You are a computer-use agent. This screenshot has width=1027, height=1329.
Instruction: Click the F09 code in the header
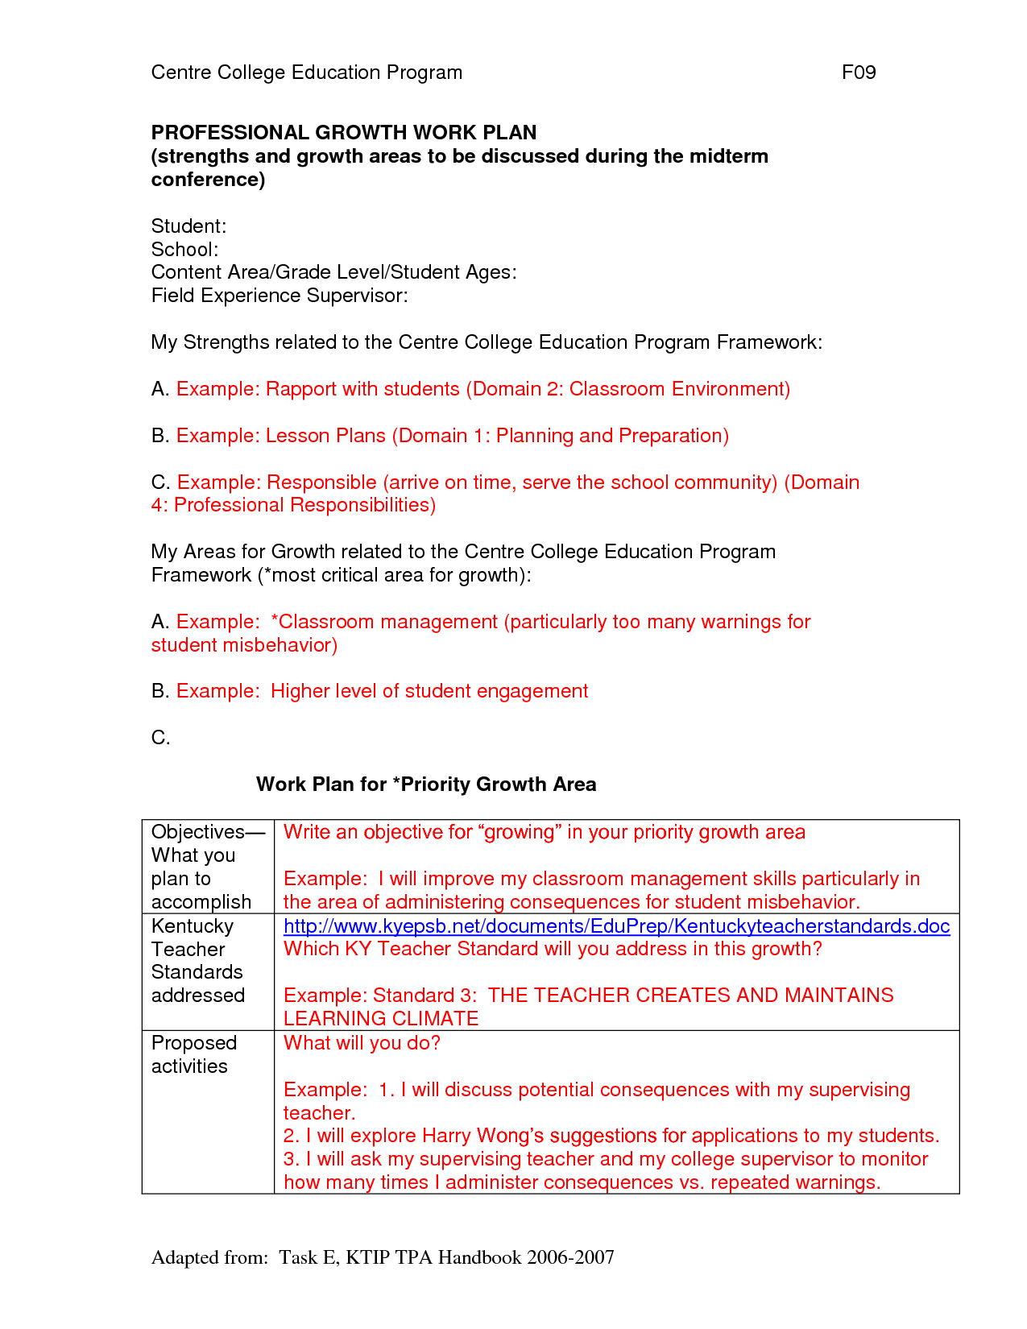[858, 72]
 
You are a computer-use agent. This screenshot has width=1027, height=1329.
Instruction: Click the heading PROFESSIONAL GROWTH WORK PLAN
[344, 132]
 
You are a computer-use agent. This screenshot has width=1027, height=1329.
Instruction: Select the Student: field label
[188, 226]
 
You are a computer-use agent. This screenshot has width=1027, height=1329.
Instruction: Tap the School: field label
[184, 249]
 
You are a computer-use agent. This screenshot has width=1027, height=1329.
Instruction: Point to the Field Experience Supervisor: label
[280, 296]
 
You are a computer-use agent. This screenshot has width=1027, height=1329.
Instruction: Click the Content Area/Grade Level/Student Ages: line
[333, 272]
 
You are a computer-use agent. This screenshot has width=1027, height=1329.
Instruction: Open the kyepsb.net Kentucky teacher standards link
[616, 926]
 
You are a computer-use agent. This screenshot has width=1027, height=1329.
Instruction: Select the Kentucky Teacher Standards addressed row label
[198, 961]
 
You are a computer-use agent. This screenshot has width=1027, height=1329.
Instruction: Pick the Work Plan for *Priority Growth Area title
[426, 785]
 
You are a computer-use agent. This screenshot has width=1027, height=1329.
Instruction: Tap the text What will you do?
[362, 1043]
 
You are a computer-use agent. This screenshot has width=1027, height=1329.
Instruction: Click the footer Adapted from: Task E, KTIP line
[383, 1257]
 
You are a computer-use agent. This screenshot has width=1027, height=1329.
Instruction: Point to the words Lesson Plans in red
[325, 436]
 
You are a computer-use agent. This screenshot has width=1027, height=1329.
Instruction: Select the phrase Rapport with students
[362, 389]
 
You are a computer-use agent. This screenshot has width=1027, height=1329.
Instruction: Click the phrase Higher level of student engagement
[429, 691]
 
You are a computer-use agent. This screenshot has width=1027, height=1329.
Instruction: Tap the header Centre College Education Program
[307, 72]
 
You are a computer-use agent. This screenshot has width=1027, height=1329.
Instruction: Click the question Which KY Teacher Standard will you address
[553, 949]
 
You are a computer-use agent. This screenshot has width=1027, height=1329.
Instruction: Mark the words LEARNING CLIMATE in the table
[381, 1019]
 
